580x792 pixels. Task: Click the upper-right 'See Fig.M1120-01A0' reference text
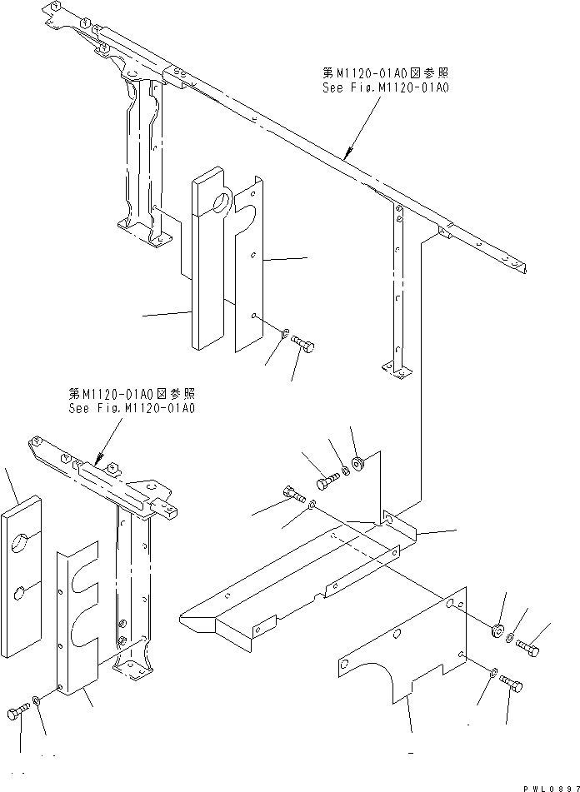(x=385, y=87)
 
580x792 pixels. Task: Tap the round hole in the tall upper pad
(x=222, y=201)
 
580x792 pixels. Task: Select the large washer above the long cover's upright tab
(x=358, y=461)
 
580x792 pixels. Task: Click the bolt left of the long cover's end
(x=292, y=493)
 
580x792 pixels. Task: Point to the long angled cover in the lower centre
(x=283, y=583)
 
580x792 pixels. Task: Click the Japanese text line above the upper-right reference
(x=385, y=74)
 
